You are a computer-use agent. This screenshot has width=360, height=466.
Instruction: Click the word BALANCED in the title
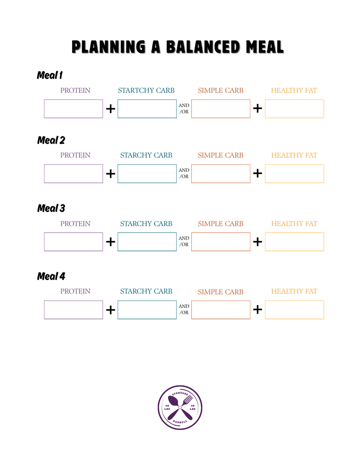203,47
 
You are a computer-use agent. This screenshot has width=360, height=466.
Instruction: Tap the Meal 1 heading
50,75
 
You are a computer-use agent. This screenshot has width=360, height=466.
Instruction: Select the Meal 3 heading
51,208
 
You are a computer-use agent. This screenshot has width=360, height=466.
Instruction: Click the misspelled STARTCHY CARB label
146,90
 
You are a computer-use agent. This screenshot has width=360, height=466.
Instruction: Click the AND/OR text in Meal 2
184,173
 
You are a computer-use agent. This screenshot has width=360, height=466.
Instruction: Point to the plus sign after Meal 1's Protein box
110,109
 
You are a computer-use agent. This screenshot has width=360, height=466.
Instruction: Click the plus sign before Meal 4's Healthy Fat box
257,310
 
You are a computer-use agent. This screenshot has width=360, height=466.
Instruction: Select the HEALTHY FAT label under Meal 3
294,224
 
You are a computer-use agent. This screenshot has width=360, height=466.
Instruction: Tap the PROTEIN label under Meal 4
75,291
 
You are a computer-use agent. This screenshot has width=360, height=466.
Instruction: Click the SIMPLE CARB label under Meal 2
220,155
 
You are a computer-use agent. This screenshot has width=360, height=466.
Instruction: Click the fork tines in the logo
187,400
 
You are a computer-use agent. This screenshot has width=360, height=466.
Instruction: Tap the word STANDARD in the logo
180,394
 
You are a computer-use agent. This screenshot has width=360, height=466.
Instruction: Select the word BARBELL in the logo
180,422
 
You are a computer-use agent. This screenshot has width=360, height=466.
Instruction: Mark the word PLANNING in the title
109,47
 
